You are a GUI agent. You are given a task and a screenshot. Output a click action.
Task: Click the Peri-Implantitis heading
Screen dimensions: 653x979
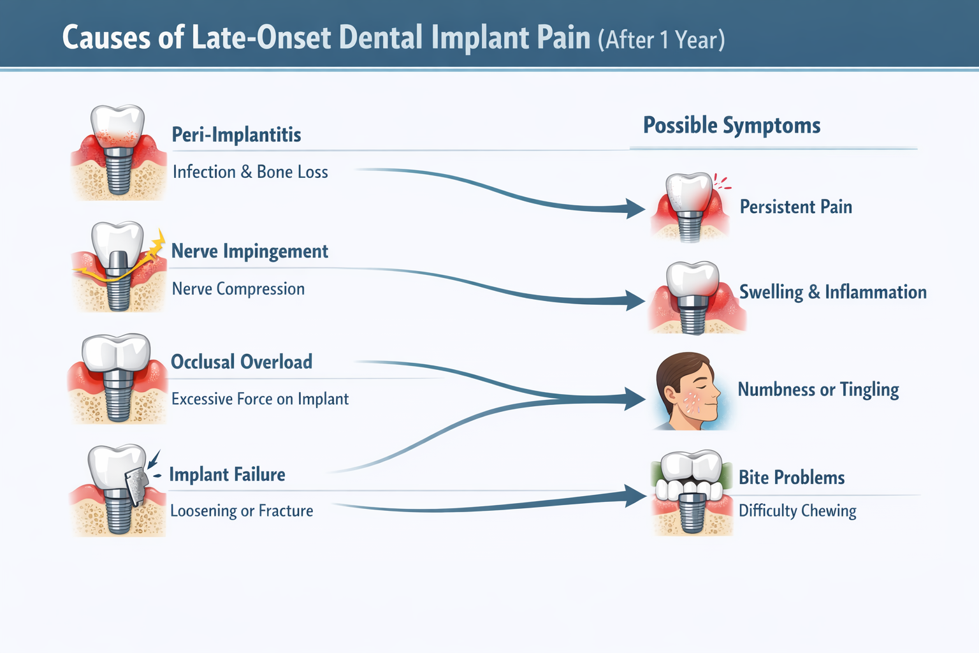236,135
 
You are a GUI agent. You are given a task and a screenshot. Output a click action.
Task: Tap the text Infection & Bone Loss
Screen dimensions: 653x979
250,172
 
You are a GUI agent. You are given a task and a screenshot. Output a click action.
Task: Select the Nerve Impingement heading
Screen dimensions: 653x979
249,252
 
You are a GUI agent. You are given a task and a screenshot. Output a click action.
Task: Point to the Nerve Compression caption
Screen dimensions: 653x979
238,289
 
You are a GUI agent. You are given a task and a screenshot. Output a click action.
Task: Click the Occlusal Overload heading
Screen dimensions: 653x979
242,362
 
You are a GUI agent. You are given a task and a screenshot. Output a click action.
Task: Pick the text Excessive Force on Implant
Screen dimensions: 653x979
259,399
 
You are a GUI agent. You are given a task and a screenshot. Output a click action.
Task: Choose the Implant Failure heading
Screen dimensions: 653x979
227,474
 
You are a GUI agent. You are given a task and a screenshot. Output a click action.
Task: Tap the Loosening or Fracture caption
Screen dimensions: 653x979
242,511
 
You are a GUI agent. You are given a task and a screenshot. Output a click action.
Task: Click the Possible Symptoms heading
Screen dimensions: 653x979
731,125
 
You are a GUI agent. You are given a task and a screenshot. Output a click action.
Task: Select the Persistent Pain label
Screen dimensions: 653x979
795,207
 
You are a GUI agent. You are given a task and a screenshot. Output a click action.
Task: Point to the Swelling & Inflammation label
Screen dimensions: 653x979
832,292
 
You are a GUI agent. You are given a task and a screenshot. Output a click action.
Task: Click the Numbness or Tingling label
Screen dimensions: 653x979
818,390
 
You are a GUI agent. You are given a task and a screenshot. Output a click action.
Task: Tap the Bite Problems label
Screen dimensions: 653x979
791,478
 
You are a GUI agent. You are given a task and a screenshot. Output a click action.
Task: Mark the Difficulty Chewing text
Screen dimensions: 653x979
797,511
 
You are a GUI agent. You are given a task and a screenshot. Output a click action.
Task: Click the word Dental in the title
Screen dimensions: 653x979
381,38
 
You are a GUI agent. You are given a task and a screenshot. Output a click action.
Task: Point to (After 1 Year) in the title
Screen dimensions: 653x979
661,40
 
